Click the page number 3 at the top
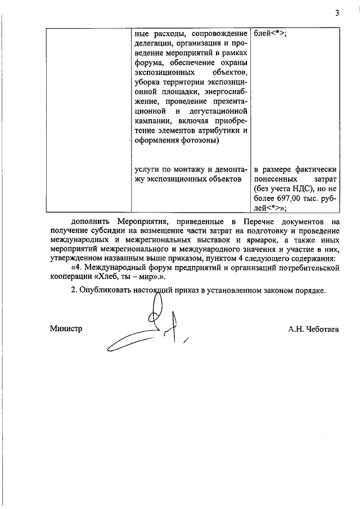(337, 14)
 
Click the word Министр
(65, 329)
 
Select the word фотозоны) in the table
(200, 141)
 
